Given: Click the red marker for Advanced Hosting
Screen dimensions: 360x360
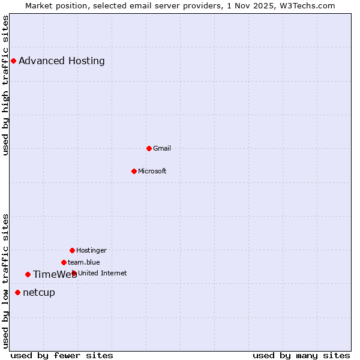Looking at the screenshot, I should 13,61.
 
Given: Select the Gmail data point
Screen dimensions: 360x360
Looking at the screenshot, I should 149,148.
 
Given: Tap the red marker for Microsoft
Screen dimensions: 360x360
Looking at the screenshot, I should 134,171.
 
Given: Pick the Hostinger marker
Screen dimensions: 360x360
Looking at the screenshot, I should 72,250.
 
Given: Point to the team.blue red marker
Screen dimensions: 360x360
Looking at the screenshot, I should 64,262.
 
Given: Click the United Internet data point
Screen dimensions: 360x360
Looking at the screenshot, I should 74,273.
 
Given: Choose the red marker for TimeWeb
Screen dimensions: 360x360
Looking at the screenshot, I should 28,274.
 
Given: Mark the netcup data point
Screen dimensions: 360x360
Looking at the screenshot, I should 17,292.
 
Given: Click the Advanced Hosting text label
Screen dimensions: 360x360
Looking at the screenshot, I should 61,61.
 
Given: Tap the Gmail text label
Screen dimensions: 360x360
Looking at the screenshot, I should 162,148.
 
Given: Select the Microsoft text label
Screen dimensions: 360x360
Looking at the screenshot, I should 152,171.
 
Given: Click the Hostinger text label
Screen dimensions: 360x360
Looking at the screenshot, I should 91,250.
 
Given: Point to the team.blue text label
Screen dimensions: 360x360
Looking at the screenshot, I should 84,262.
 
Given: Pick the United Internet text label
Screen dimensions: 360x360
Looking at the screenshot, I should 103,273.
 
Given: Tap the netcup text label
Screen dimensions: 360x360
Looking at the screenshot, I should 39,292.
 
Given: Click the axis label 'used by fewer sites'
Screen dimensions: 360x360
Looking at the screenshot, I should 62,355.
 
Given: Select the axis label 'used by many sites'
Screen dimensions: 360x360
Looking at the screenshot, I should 301,355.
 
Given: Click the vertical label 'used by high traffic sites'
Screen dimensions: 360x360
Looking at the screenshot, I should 5,85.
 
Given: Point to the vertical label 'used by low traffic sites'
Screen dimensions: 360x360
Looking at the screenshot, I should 5,280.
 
